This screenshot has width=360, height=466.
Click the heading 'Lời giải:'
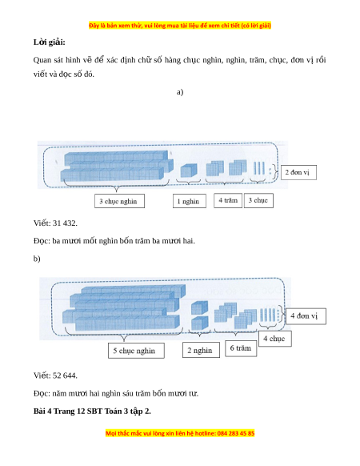49,42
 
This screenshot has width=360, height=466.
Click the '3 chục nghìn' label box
119,201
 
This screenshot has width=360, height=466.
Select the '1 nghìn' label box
190,201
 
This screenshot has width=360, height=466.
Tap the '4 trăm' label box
228,200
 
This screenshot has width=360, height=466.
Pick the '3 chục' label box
258,200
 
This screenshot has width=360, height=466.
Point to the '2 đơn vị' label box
298,172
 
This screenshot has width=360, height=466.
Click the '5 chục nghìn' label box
136,351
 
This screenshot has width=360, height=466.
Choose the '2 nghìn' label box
201,350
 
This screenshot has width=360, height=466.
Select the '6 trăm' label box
241,348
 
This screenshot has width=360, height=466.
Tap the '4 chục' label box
274,339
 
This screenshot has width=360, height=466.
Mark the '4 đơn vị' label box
306,316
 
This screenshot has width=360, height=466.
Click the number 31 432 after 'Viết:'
65,223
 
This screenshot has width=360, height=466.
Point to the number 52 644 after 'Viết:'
65,376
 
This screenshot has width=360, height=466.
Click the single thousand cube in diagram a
189,171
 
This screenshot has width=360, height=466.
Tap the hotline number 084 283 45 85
236,433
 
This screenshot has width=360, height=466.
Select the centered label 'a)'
180,92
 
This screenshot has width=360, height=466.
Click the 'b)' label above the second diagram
37,259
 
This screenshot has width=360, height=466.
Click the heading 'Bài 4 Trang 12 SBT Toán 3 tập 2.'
92,411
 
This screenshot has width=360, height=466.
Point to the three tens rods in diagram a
259,168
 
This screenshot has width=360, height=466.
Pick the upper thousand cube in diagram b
199,308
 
